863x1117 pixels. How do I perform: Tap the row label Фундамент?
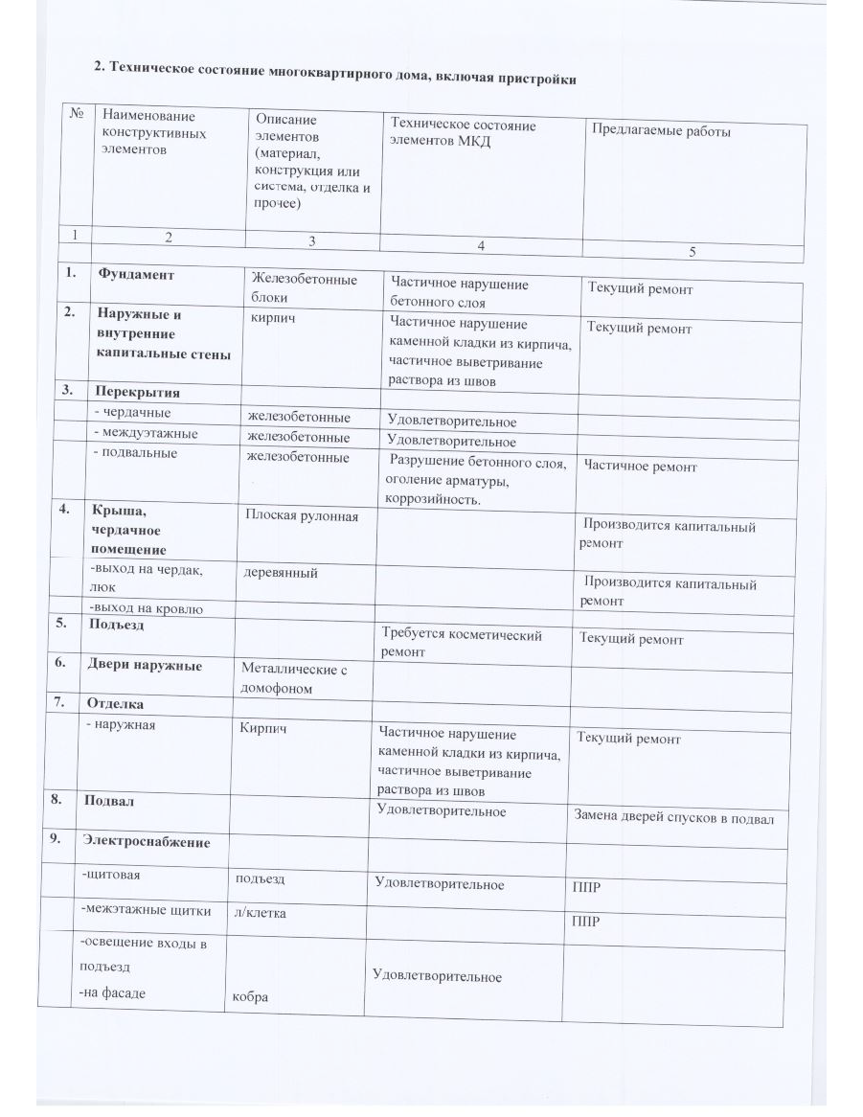(135, 274)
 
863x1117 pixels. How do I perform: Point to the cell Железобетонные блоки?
(302, 288)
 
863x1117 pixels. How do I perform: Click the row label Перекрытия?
(136, 392)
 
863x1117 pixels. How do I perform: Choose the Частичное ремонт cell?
(640, 467)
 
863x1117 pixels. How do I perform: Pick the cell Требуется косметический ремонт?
(462, 643)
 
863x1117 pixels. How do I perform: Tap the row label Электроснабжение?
(146, 841)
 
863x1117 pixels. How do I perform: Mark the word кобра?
(250, 997)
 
